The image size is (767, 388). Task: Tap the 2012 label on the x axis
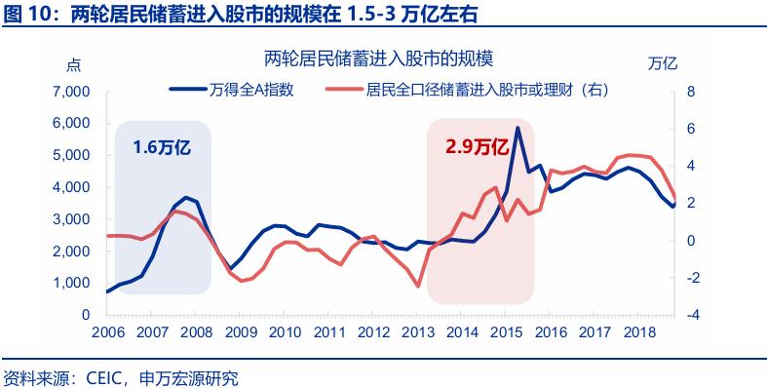[374, 332]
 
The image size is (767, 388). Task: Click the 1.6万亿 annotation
[163, 146]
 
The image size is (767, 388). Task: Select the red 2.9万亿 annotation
[479, 146]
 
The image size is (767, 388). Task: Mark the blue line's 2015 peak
[518, 128]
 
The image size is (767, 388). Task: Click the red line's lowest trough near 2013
[419, 287]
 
